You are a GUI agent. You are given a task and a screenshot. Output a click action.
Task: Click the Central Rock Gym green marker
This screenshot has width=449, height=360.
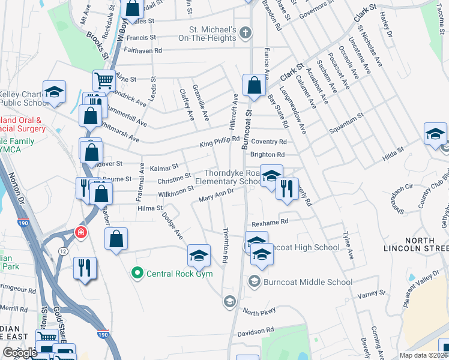pos(137,274)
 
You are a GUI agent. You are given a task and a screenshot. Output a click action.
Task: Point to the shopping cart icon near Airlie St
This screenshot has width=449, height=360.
pos(104,80)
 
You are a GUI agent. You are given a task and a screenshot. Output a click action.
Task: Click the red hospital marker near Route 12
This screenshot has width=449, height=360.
pos(79,232)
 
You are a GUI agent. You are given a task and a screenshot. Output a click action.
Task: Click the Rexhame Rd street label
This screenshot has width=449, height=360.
pos(270,222)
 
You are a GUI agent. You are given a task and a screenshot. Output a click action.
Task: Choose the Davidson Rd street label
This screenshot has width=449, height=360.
pos(255,331)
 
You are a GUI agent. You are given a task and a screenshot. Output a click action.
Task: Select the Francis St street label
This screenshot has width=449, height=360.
pos(141,37)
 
